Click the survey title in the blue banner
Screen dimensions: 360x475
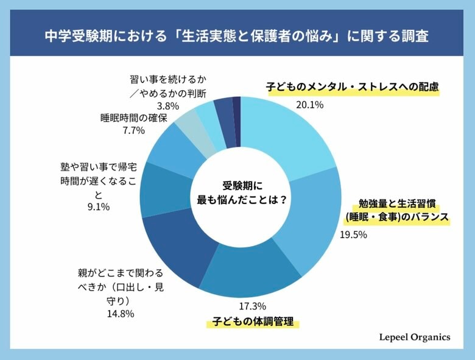[x=237, y=36]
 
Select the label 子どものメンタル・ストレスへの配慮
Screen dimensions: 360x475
[x=353, y=87]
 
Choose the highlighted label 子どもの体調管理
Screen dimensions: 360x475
[x=253, y=321]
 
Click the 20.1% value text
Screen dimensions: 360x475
[x=309, y=104]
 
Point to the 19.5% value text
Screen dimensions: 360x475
[x=353, y=235]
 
